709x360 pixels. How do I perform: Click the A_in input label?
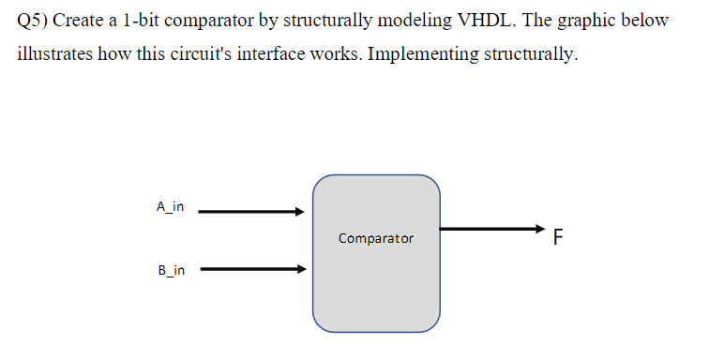170,205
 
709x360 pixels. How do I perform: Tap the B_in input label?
171,271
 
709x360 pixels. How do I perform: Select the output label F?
558,237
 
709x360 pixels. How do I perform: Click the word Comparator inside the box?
375,239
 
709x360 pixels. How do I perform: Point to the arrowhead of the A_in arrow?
300,212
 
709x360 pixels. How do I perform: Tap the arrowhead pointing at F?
538,228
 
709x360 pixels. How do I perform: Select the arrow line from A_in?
249,212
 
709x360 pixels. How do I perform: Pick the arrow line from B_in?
249,271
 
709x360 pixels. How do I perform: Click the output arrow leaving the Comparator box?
488,228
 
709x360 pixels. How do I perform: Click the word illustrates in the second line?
58,54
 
